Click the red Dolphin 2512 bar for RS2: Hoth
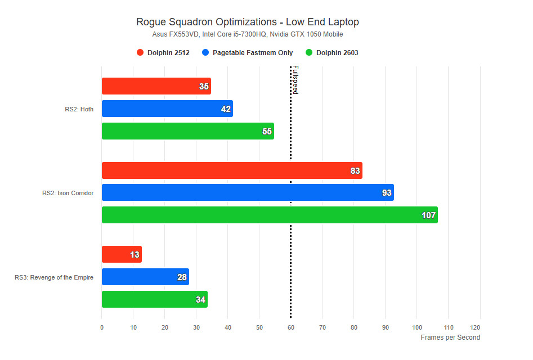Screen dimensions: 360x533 point(156,86)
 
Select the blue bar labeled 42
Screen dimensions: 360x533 point(167,109)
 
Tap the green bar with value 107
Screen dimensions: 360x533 point(269,215)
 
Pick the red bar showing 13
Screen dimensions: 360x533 point(121,254)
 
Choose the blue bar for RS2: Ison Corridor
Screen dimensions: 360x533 point(247,193)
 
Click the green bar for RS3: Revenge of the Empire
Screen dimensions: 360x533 point(154,299)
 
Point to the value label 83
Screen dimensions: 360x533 point(355,171)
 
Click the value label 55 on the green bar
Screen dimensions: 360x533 point(267,132)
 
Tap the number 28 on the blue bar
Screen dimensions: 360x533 point(182,277)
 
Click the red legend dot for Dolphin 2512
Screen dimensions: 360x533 point(140,53)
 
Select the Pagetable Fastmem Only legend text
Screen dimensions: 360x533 point(253,53)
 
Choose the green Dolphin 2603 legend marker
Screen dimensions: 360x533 point(308,53)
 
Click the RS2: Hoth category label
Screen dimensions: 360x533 point(79,109)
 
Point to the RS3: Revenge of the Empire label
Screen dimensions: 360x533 point(54,277)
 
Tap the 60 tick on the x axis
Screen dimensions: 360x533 point(290,327)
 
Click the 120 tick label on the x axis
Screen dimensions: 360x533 point(480,327)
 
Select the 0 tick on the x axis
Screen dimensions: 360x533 point(102,327)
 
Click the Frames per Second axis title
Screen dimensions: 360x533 point(450,337)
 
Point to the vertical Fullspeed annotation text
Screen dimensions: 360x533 point(295,80)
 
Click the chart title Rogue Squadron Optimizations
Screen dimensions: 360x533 point(248,22)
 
